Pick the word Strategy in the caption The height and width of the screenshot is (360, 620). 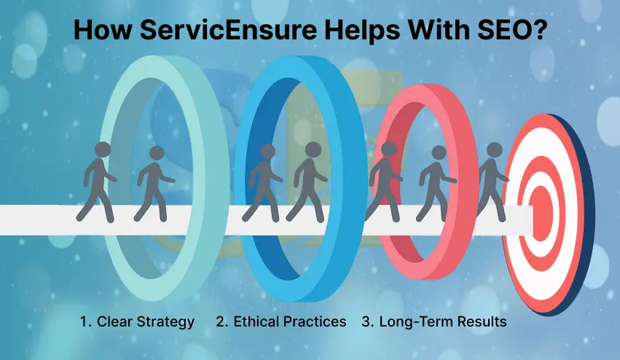tap(168, 321)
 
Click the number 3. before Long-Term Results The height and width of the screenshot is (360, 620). tap(368, 321)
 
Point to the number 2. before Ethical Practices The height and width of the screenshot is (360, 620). tap(221, 321)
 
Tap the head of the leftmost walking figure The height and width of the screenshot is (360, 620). tap(103, 149)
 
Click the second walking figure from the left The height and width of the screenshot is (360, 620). tap(156, 184)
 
